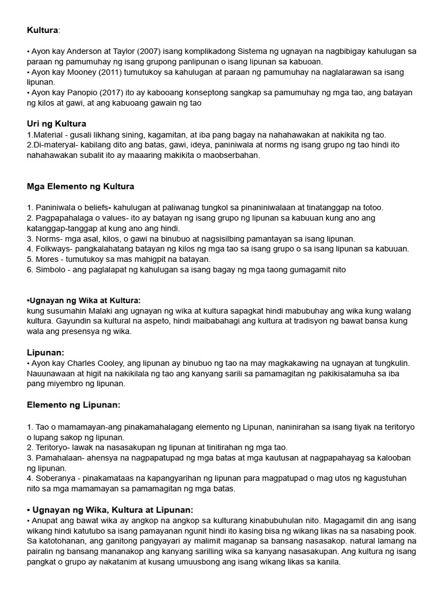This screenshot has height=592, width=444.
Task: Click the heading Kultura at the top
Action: pos(42,29)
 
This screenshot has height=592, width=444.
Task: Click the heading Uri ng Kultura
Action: pos(57,124)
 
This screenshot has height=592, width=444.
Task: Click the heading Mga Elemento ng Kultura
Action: pos(80,186)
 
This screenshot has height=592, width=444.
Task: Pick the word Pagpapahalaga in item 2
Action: pos(63,218)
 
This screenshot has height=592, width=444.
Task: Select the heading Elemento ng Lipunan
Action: pos(73,405)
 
